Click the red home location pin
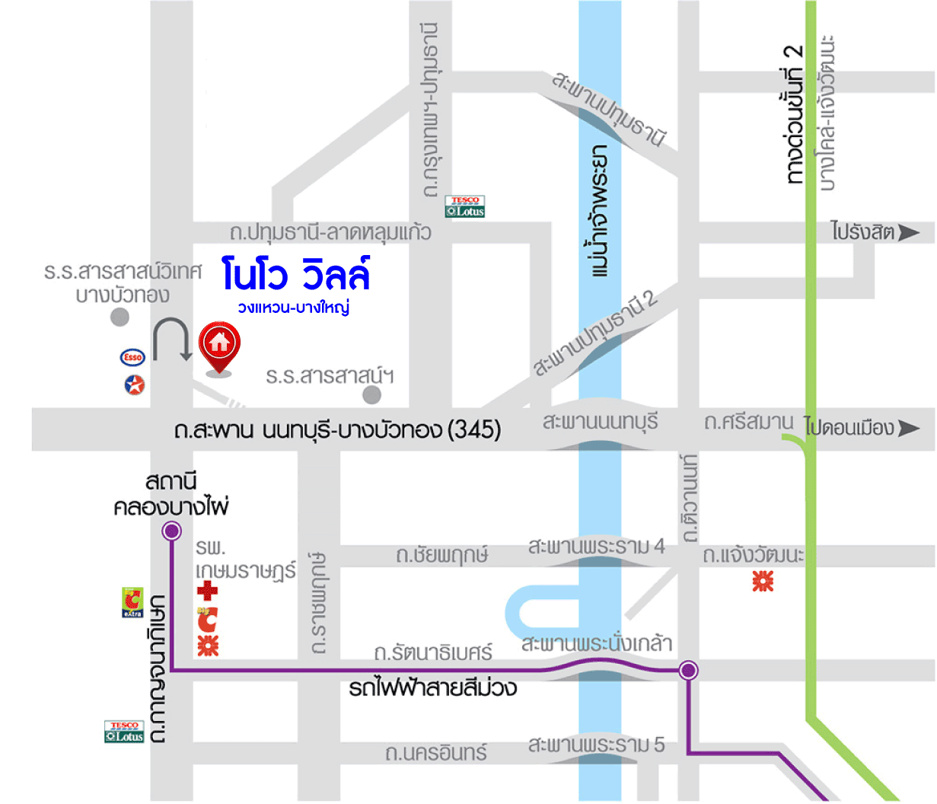(x=219, y=346)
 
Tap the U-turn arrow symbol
(x=172, y=339)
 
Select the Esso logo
(x=132, y=357)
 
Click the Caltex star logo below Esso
(x=135, y=384)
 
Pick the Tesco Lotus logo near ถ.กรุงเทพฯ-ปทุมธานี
(x=465, y=206)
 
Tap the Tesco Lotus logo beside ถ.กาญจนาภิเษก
(x=124, y=732)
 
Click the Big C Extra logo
(x=132, y=601)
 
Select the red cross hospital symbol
(x=207, y=590)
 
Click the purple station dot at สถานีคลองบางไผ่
(x=171, y=531)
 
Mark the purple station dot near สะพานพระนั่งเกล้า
(x=688, y=670)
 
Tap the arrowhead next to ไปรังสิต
(x=909, y=232)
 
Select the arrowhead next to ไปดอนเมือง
(x=909, y=428)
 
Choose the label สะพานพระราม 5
(x=596, y=745)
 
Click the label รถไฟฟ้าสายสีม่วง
(x=432, y=688)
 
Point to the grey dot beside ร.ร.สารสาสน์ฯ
(x=371, y=394)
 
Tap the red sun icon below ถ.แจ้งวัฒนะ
(x=763, y=582)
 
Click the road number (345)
(x=474, y=430)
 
